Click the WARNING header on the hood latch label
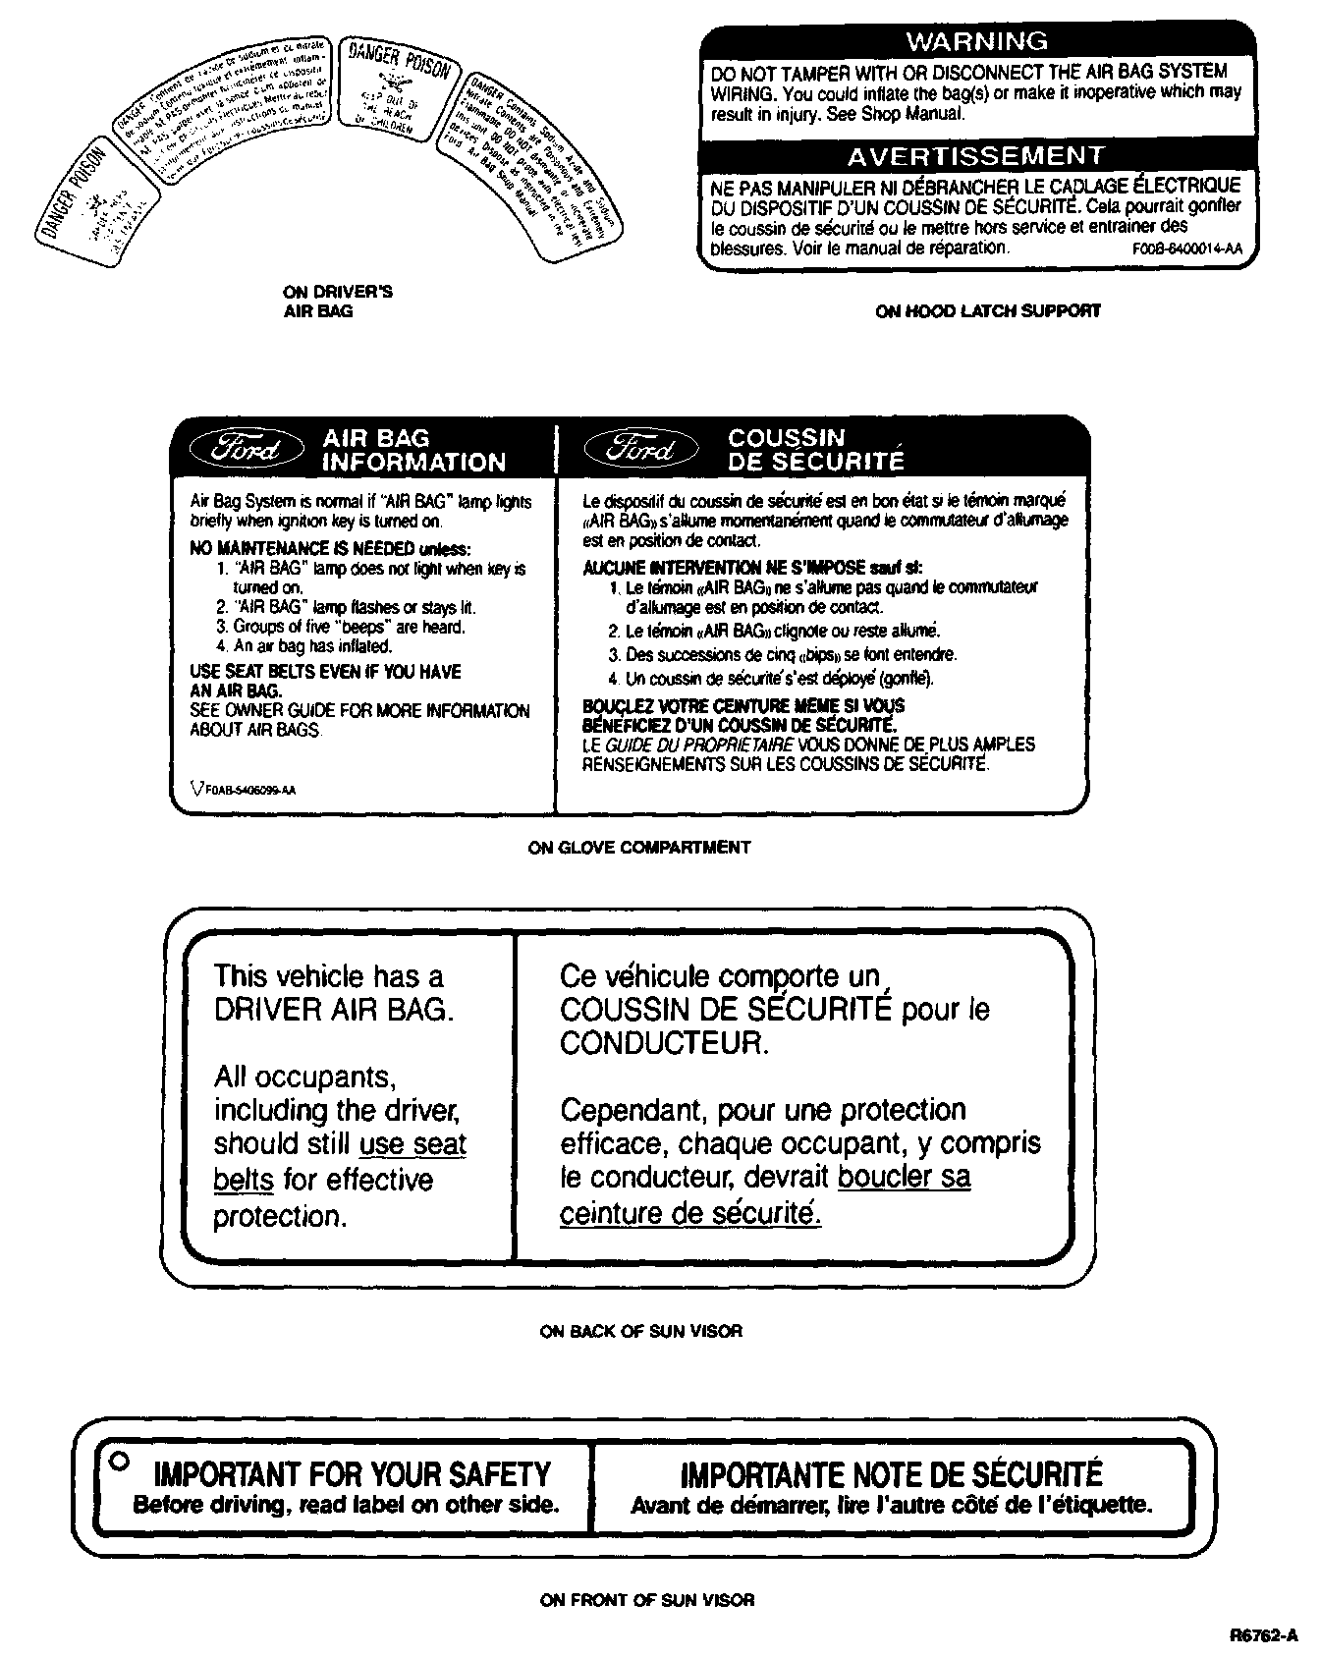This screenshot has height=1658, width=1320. (x=976, y=41)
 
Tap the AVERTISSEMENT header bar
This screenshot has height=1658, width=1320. (x=976, y=156)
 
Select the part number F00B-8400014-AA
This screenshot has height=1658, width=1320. (x=1186, y=249)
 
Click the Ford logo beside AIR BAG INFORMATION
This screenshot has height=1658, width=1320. (x=248, y=450)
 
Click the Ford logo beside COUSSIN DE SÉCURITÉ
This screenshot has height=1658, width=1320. (x=641, y=450)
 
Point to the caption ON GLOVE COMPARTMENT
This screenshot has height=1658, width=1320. (x=639, y=847)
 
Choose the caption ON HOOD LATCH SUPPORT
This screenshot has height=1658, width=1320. (x=987, y=311)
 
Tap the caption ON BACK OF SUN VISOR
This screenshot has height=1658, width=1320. (x=641, y=1331)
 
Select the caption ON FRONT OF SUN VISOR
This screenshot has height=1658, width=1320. (x=647, y=1600)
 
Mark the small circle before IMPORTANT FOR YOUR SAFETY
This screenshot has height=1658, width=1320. (x=118, y=1460)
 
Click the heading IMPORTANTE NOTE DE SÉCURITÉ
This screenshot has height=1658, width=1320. (x=891, y=1474)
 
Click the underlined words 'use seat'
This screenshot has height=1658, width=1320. (x=412, y=1144)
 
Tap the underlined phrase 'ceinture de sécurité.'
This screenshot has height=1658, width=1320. (x=690, y=1214)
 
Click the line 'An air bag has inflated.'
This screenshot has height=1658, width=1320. (x=303, y=646)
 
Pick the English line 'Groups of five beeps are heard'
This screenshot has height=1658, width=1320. (x=340, y=627)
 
